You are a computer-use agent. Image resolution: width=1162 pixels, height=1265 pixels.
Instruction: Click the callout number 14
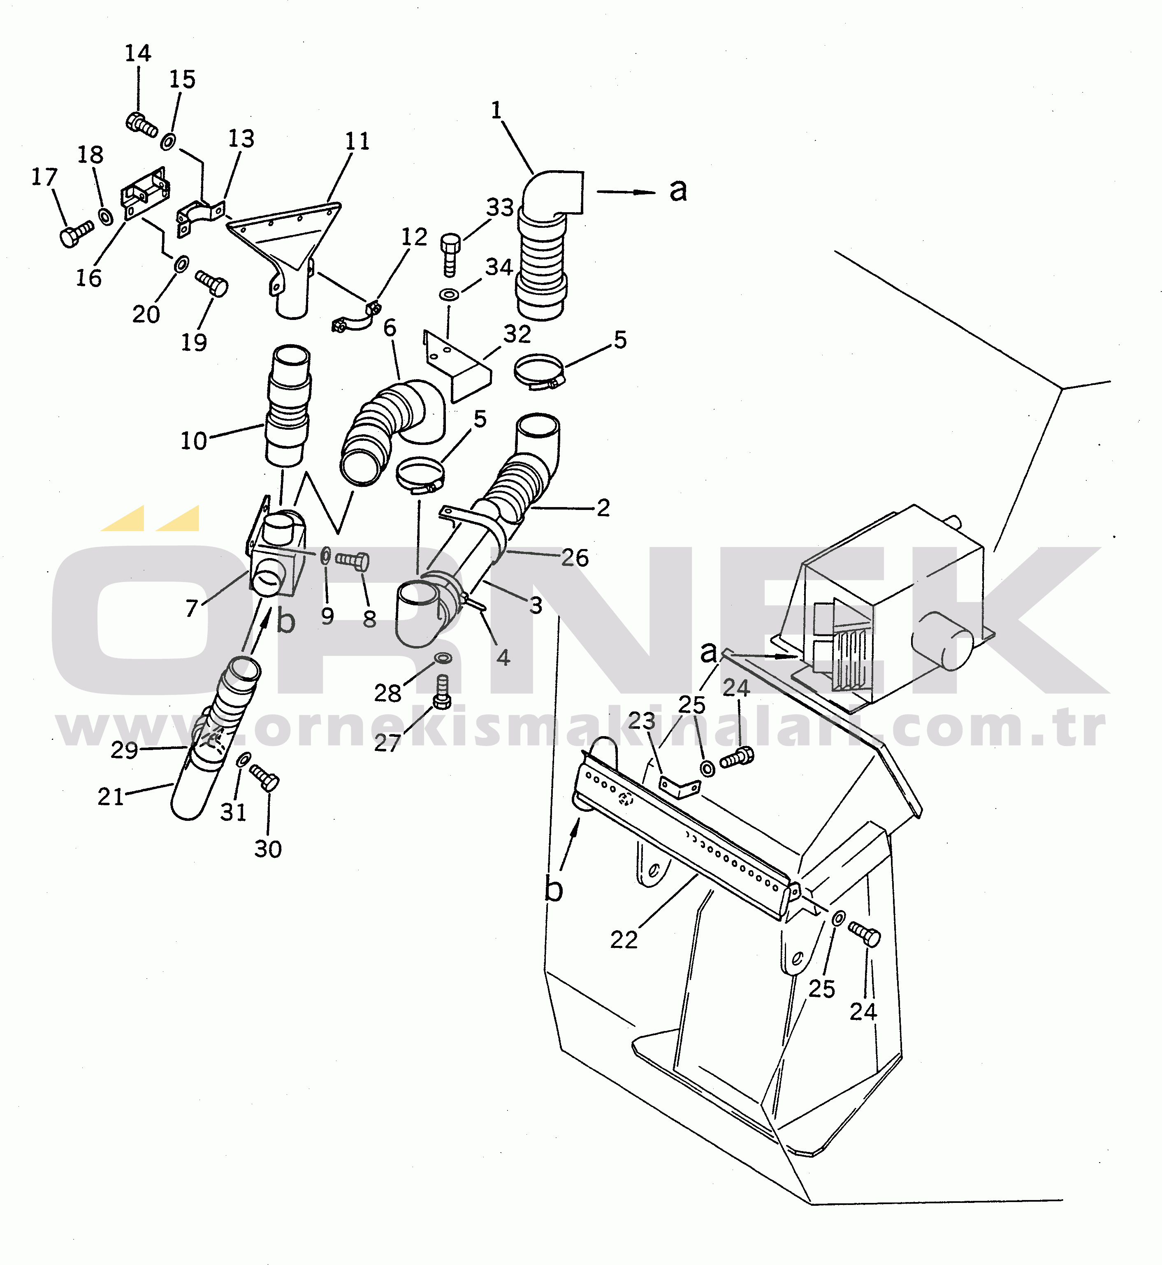138,53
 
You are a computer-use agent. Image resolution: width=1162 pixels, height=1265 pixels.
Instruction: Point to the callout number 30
268,849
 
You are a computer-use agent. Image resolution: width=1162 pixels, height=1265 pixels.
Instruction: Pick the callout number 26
575,558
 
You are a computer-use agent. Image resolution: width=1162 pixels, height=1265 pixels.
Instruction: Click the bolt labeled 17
77,234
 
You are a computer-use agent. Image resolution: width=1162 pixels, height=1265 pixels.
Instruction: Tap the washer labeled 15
168,141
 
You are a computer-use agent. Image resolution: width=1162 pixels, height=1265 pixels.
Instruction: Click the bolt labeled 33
450,255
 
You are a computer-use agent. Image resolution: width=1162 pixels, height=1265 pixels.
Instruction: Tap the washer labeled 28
443,658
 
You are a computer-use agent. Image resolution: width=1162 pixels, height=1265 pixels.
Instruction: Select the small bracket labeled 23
679,787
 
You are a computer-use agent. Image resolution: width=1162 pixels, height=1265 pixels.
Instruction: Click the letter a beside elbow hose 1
678,189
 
